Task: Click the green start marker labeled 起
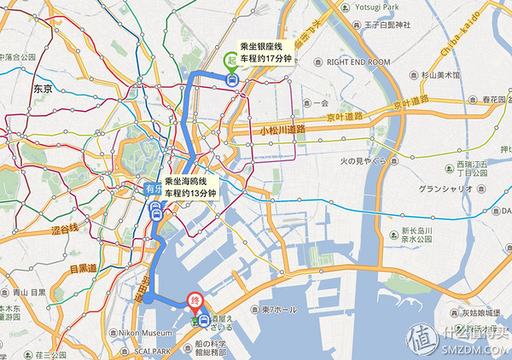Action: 230,61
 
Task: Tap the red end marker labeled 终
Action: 195,299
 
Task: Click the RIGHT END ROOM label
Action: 357,62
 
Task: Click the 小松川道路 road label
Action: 281,130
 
